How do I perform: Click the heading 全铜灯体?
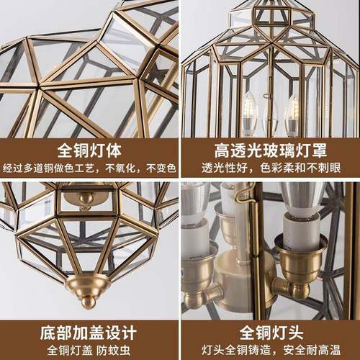tap(89, 150)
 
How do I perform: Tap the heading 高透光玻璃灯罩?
tap(270, 150)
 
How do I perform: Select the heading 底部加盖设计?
tap(89, 332)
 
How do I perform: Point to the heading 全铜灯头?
tap(270, 332)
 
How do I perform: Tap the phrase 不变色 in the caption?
tap(161, 170)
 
